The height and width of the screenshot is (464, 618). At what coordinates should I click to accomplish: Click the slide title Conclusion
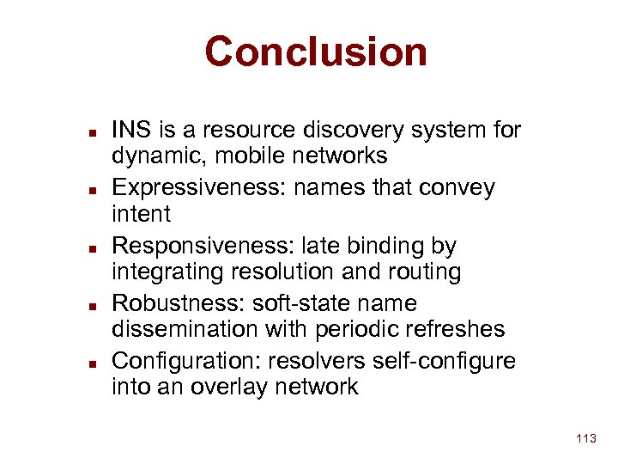click(315, 52)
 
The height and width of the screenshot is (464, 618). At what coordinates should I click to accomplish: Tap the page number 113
click(586, 439)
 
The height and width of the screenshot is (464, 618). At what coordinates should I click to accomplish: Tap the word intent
click(142, 213)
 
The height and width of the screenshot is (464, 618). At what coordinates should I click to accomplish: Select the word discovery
click(338, 131)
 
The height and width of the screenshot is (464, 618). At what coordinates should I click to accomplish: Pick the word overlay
click(236, 388)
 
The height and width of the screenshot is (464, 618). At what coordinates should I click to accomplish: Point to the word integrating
click(165, 272)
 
